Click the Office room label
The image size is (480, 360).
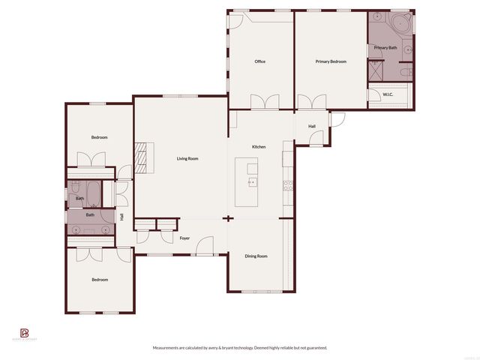(260, 61)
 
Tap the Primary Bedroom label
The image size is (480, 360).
(331, 61)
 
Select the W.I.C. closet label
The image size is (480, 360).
(388, 94)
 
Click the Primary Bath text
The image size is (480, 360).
(385, 48)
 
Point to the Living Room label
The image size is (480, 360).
(187, 158)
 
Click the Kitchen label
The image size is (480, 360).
(259, 146)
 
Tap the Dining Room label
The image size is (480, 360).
(256, 256)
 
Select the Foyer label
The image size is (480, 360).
(184, 238)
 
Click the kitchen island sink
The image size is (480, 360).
(252, 181)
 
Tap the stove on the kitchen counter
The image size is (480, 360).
(287, 185)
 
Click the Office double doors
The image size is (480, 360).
(265, 102)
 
